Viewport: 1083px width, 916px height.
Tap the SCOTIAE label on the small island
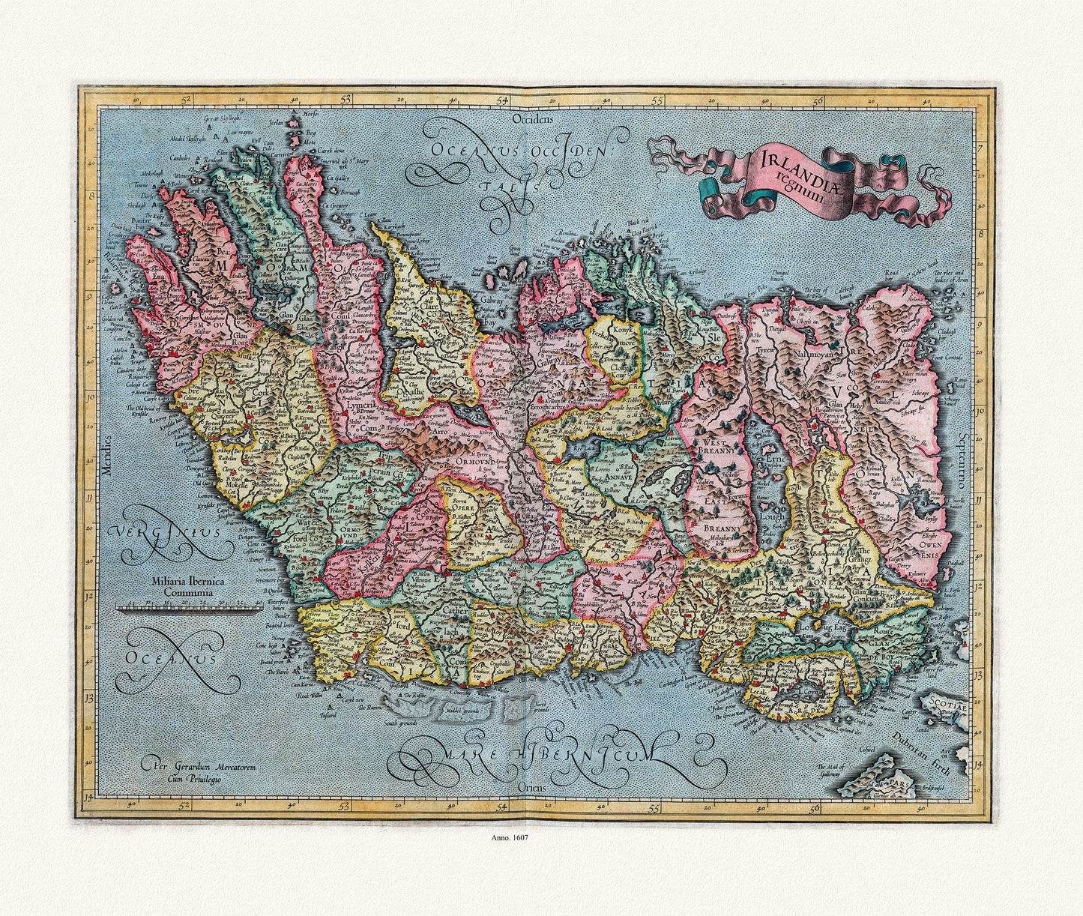[x=949, y=706]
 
